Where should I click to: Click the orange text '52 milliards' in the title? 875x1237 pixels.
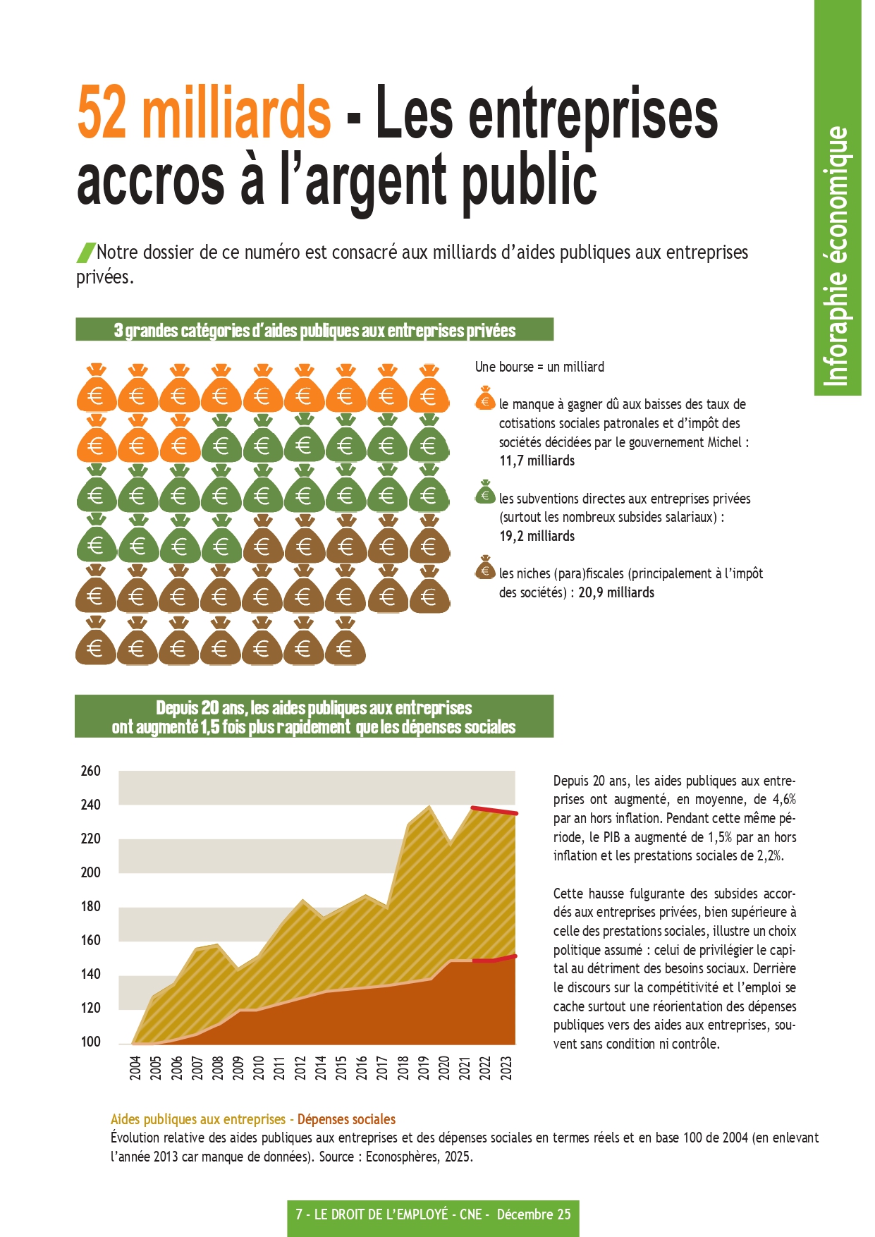coord(204,113)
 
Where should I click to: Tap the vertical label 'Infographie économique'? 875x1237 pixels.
coord(837,257)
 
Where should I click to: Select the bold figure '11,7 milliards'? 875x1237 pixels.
coord(537,461)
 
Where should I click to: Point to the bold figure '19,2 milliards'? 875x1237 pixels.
coord(537,537)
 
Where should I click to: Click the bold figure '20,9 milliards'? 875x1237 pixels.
coord(616,593)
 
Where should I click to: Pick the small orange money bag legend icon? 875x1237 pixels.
coord(485,399)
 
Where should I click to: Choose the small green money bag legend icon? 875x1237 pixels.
coord(485,493)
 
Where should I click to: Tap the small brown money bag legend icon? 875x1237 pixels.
coord(485,568)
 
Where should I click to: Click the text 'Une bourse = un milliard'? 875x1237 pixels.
coord(539,367)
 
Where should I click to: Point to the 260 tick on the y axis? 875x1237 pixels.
coord(91,771)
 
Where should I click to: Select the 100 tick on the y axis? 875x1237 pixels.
coord(91,1042)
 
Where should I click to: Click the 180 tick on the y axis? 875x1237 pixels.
coord(91,906)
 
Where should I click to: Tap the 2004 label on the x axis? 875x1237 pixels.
coord(135,1068)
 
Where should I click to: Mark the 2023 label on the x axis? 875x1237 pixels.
coord(506,1068)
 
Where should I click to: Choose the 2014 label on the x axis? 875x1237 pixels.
coord(321,1068)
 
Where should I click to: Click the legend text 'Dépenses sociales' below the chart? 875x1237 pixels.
coord(346,1119)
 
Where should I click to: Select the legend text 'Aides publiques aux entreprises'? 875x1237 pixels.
coord(198,1119)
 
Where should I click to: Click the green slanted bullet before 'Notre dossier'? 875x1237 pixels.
coord(86,252)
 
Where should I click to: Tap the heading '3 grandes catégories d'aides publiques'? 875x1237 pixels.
coord(314,330)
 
